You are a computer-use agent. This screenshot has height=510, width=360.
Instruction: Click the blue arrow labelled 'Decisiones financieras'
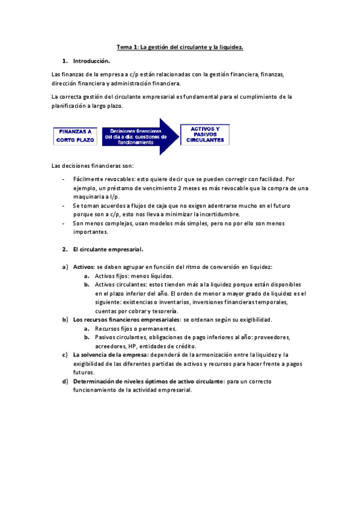coord(141,137)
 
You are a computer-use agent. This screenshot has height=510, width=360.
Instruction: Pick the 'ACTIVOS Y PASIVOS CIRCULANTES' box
coord(206,135)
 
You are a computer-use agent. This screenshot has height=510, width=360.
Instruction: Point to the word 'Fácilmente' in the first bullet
coord(88,179)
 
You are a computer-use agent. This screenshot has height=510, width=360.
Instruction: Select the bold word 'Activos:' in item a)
coord(85,266)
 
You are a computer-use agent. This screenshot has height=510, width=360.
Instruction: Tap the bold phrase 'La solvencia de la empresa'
coord(108,355)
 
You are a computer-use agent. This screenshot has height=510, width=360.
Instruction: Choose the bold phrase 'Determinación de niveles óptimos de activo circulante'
coord(148,381)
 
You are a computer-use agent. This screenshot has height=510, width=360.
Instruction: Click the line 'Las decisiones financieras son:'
coord(93,165)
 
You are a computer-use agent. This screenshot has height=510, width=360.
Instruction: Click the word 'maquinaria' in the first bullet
coord(88,197)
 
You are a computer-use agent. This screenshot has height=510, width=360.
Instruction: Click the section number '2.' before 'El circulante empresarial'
coord(65,249)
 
